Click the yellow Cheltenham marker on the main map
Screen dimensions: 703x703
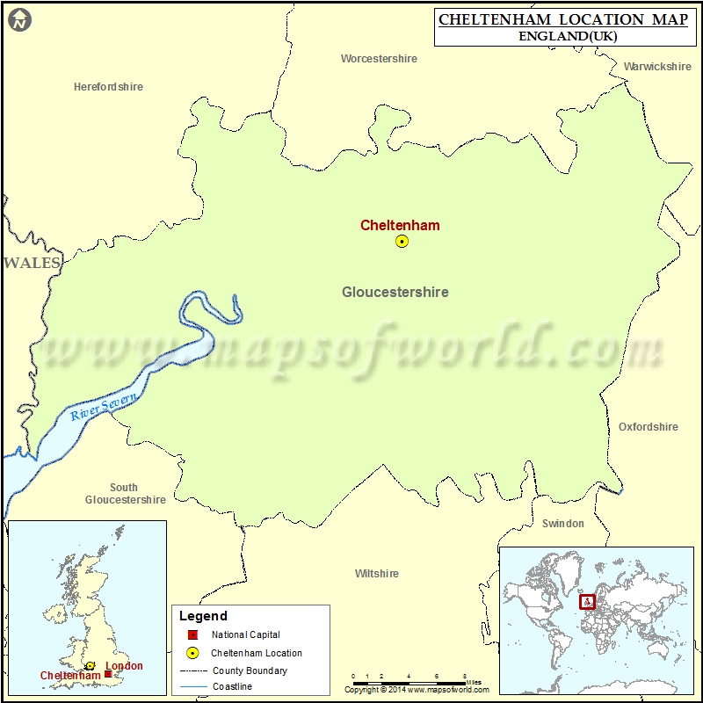tap(402, 241)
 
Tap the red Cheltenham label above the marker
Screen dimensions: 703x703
tap(400, 225)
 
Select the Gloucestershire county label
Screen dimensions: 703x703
tap(395, 292)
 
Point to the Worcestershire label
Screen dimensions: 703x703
tap(379, 59)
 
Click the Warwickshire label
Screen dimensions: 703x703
tap(657, 67)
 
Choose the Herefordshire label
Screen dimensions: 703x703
tap(108, 87)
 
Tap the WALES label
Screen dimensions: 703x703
tap(32, 263)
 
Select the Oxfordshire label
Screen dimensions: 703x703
tap(649, 427)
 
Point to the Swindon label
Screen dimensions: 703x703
tap(562, 524)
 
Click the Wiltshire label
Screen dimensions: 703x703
tap(376, 574)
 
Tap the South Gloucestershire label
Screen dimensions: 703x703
tap(125, 494)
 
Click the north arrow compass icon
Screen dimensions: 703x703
tap(19, 19)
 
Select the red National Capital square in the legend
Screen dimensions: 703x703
tap(192, 634)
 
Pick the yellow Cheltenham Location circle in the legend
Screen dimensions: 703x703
tap(192, 653)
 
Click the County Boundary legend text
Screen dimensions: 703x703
tap(249, 670)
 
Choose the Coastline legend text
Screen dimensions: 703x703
tap(231, 687)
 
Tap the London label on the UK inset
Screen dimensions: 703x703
tap(124, 666)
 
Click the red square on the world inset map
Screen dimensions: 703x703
tap(588, 602)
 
